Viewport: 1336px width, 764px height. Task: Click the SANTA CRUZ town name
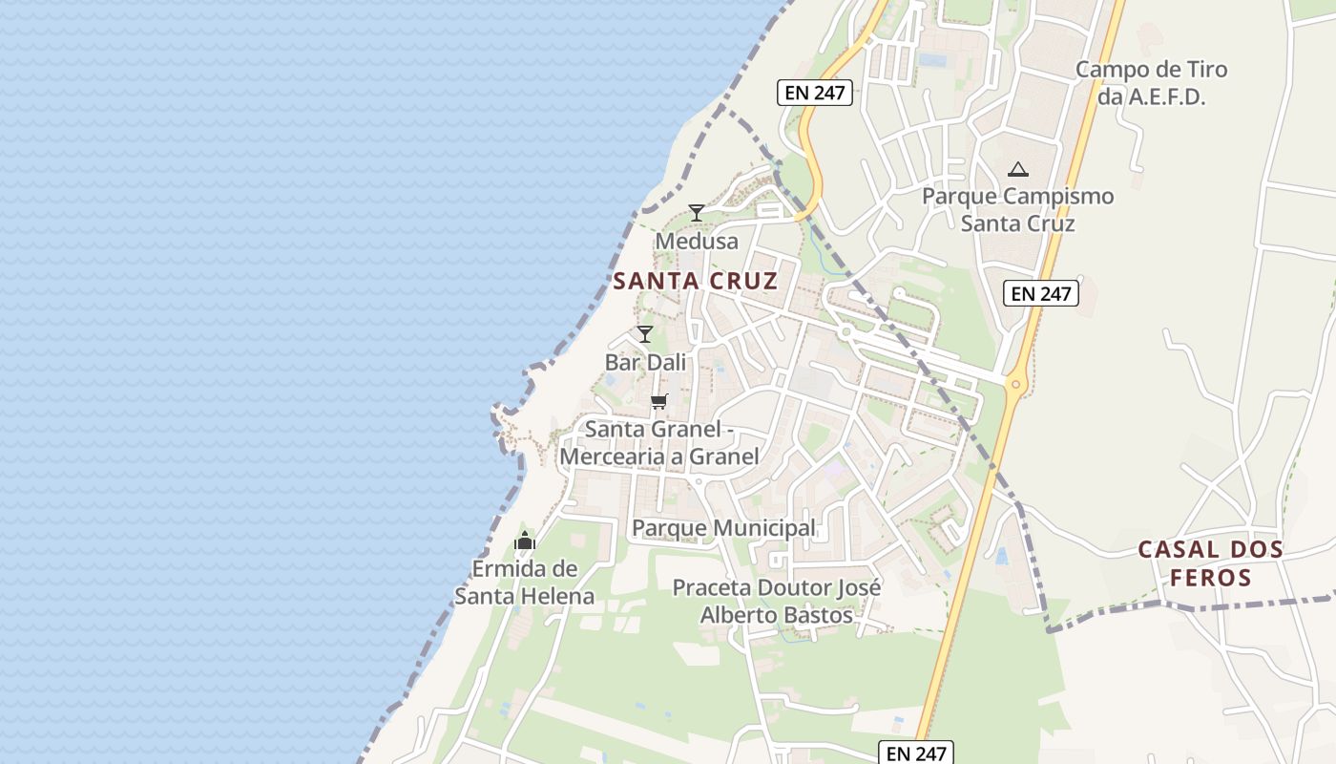click(695, 282)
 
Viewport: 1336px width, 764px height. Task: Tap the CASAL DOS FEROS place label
click(1210, 563)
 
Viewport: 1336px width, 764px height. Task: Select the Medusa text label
click(697, 242)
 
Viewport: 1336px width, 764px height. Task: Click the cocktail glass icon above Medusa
click(697, 212)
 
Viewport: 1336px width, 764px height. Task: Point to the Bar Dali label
click(645, 363)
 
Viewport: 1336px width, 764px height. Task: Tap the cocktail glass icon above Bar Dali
click(645, 333)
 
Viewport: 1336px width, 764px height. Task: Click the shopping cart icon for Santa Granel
click(658, 401)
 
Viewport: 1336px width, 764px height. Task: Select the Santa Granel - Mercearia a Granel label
click(658, 443)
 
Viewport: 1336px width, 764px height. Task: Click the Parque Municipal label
click(723, 528)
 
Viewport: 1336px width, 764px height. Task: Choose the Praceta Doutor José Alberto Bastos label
click(777, 601)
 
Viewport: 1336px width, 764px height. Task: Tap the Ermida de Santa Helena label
click(524, 583)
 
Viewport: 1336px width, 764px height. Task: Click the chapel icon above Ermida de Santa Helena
click(524, 541)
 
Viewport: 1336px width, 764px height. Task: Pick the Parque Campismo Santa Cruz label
click(1017, 210)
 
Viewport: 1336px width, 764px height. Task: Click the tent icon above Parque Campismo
click(1017, 170)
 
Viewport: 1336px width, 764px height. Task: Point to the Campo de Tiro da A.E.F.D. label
click(1151, 82)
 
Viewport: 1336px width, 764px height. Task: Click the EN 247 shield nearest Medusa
click(815, 93)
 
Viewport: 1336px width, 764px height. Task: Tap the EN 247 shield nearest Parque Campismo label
click(1040, 293)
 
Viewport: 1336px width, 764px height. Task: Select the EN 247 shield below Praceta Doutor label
click(916, 753)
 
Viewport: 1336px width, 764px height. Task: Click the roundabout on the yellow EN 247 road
click(1015, 386)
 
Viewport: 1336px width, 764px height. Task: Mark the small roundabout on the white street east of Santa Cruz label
click(845, 332)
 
